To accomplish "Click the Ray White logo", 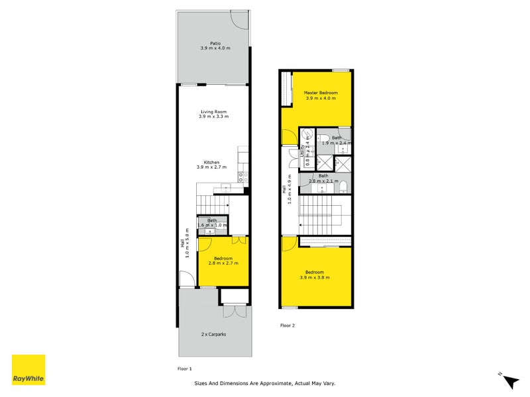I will tap(28, 370).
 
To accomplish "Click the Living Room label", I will tap(213, 114).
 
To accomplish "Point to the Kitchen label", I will tap(212, 165).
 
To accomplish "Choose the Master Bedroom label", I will tap(321, 96).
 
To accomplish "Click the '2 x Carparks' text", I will tap(214, 335).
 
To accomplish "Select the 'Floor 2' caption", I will tap(287, 326).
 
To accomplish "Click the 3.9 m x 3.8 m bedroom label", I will tap(315, 275).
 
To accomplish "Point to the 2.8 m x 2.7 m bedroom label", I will tap(223, 261).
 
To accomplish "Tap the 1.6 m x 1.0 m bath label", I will tap(212, 223).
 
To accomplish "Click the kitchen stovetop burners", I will tap(243, 177).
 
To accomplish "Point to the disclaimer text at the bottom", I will tap(269, 383).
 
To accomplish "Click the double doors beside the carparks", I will tap(234, 313).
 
